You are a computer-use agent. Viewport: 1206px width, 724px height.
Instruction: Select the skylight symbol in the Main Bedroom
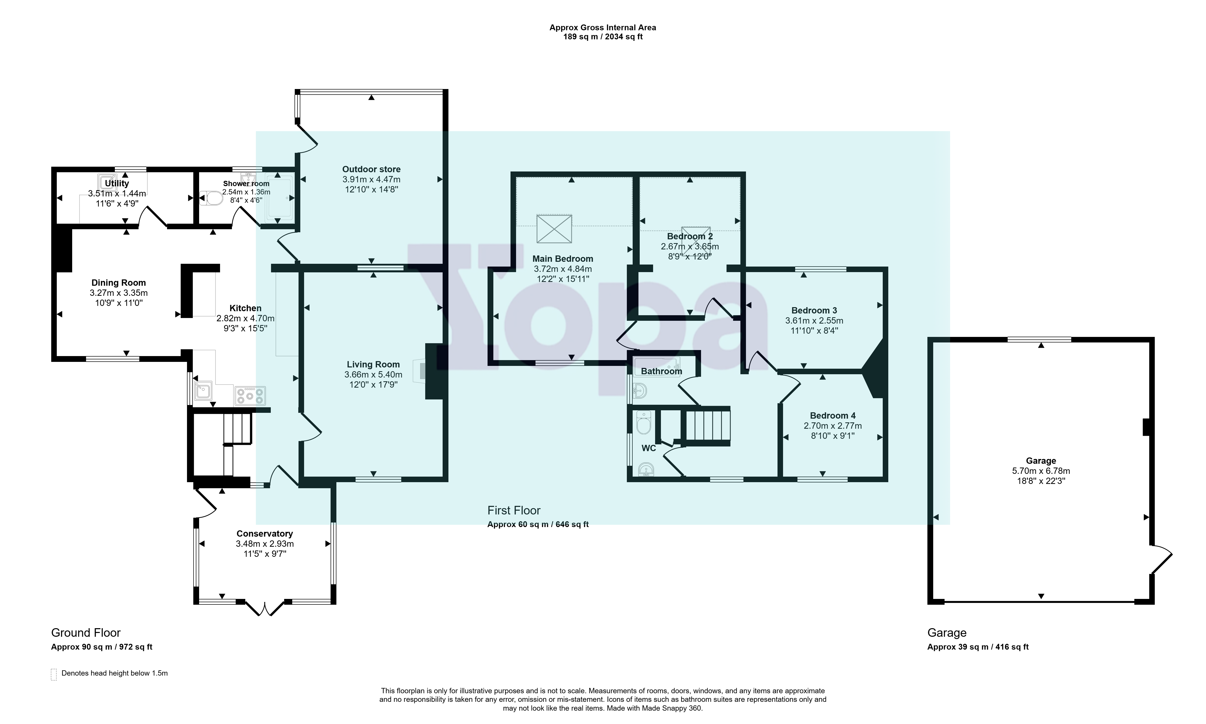(x=554, y=229)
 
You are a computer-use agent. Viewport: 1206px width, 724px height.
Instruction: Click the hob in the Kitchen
(x=250, y=396)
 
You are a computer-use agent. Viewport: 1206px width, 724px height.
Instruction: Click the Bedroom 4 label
(x=833, y=416)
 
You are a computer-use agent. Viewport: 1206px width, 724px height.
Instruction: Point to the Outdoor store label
(x=371, y=169)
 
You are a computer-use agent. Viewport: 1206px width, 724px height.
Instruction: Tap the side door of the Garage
(x=1162, y=560)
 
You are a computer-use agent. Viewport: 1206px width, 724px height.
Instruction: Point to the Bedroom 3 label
(x=814, y=310)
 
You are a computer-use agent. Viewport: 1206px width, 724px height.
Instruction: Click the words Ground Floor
(x=86, y=633)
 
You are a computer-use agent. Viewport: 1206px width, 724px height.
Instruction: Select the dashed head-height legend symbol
(x=54, y=674)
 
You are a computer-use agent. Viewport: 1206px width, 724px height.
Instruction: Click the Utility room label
(x=117, y=183)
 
